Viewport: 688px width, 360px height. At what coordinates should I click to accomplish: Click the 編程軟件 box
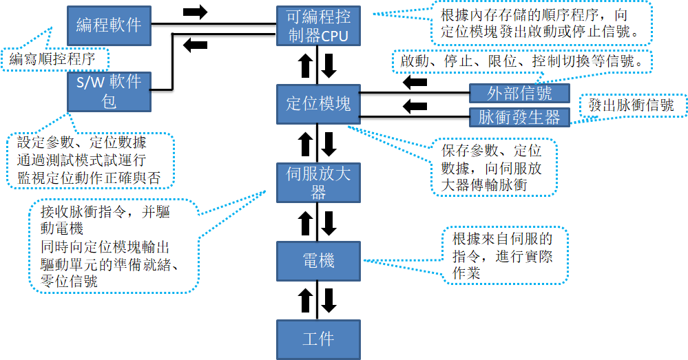[109, 25]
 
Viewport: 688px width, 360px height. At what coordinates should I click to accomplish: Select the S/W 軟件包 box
[109, 92]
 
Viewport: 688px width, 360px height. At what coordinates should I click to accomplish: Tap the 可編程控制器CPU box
[317, 25]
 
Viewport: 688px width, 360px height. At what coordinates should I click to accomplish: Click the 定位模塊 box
[317, 103]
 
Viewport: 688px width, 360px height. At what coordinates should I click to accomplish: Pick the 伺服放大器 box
[317, 182]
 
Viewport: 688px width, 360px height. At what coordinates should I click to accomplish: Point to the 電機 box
[317, 261]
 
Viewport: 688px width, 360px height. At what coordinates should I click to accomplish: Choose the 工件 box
[317, 339]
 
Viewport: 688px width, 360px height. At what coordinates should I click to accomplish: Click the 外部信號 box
[520, 93]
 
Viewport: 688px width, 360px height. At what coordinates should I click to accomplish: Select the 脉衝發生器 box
[520, 117]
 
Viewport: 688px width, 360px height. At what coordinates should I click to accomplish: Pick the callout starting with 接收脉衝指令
[114, 246]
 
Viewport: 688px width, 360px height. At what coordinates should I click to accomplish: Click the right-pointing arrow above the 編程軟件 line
[196, 12]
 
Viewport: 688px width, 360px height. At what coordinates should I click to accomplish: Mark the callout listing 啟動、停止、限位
[522, 61]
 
